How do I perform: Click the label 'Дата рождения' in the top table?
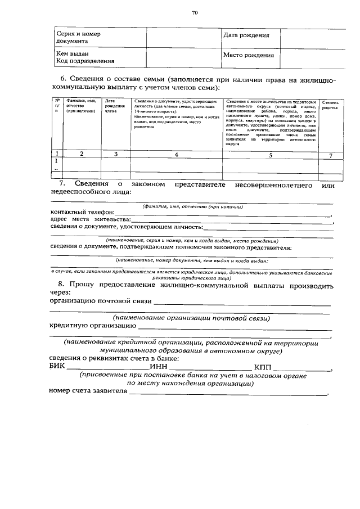click(246, 35)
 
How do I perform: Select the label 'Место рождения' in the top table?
click(248, 55)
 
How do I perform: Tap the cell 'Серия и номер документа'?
click(79, 38)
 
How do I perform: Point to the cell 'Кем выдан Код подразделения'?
click(85, 57)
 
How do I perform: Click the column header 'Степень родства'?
click(330, 106)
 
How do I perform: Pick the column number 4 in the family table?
click(176, 154)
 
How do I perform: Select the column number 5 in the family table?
click(269, 154)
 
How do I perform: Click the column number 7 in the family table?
click(330, 154)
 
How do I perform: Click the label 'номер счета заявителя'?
click(88, 391)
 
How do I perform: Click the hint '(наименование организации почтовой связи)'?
click(191, 318)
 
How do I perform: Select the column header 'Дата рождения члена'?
click(115, 106)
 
